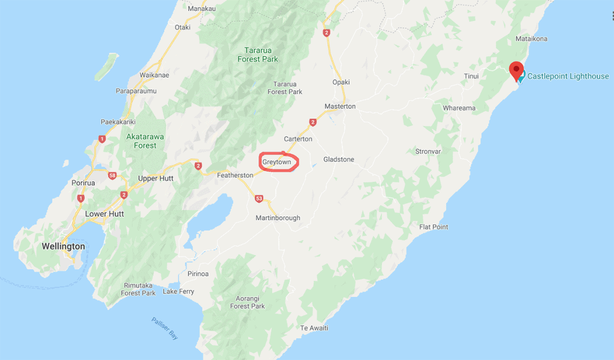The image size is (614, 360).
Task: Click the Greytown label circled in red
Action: click(276, 162)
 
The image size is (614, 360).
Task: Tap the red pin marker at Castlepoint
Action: click(516, 70)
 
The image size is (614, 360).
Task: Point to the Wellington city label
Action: click(63, 247)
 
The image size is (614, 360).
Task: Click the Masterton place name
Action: click(340, 106)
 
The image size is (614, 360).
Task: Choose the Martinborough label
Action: click(278, 218)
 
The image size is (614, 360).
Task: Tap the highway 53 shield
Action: click(259, 199)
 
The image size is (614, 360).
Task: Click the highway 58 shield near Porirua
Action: click(112, 175)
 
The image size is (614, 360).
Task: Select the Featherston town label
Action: click(236, 175)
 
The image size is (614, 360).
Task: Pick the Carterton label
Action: click(298, 139)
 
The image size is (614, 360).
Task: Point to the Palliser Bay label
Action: click(164, 329)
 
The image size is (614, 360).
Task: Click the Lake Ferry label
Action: click(179, 292)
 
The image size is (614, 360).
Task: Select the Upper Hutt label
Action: click(156, 179)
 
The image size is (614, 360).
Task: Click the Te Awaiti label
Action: click(314, 328)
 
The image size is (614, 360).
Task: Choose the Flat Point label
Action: click(434, 227)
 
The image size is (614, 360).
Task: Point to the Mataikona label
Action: click(532, 38)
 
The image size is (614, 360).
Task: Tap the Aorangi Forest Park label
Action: click(247, 302)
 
